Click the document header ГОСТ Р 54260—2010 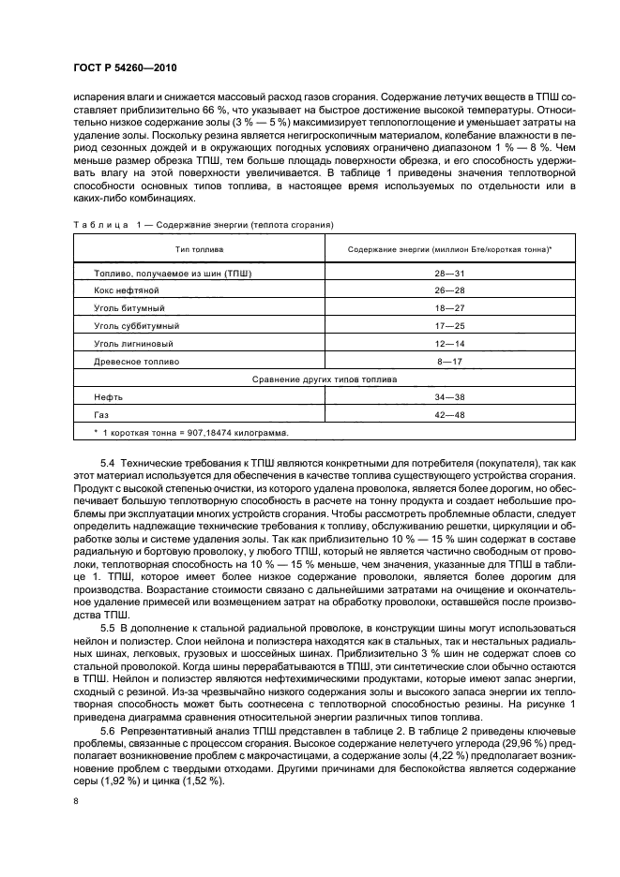(124, 70)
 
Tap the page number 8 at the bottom (76, 800)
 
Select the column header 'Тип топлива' (199, 249)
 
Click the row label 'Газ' (101, 414)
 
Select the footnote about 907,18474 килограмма (191, 432)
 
